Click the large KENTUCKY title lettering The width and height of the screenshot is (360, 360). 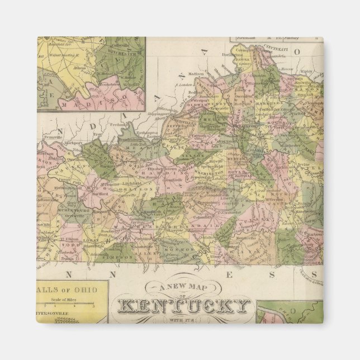(x=184, y=307)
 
